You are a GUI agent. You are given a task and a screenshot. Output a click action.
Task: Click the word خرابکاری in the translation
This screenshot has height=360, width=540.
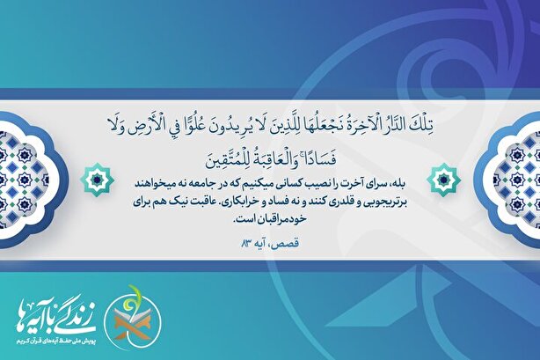tap(243, 202)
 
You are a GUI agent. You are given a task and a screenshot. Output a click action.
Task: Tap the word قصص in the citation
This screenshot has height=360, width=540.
tap(288, 244)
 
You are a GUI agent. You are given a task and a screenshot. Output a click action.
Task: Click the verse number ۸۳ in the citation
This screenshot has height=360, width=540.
tap(247, 244)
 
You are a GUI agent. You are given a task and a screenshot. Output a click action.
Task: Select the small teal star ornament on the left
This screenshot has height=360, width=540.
tap(97, 180)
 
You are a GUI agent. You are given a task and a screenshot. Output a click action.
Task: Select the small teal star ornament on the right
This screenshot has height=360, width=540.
tap(443, 180)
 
